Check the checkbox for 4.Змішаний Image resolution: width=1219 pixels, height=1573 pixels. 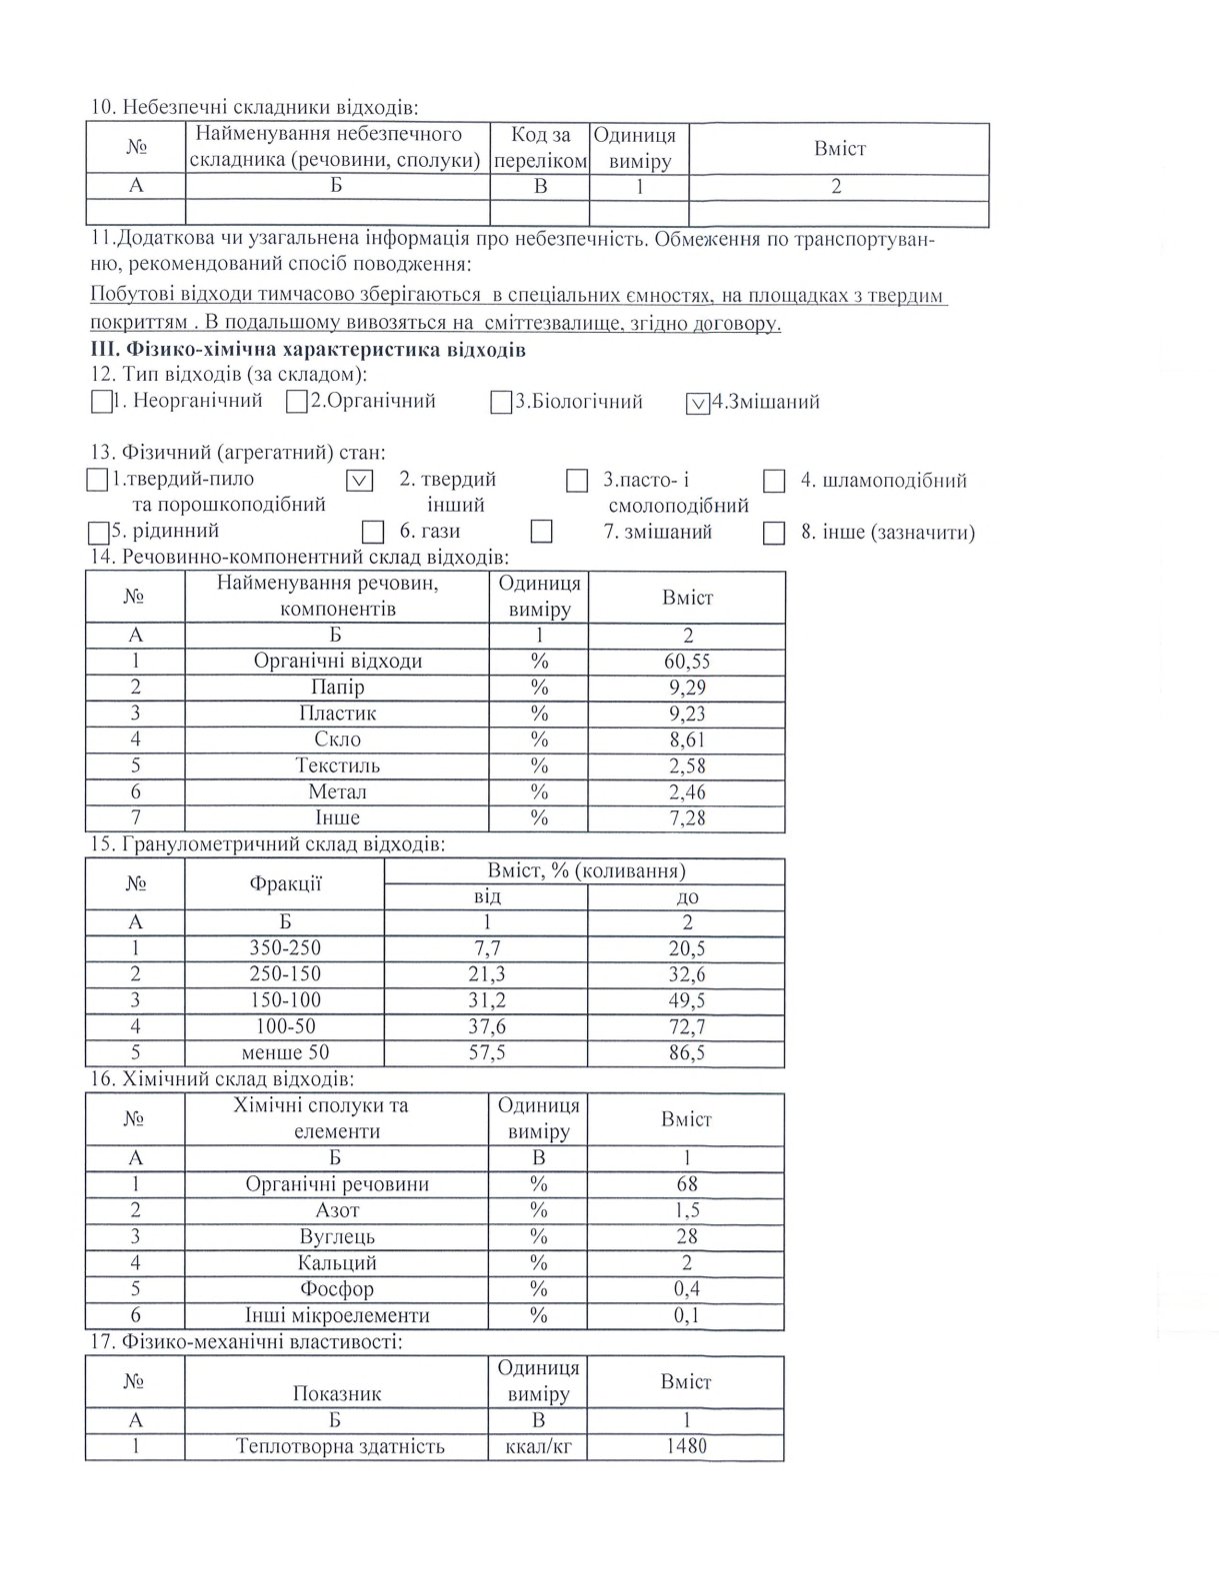698,404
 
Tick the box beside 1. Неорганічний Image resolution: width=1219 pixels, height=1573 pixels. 100,403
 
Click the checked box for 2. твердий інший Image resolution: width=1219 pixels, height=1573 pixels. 360,481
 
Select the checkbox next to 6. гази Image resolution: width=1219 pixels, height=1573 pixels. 373,532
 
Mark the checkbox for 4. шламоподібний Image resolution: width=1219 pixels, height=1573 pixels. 774,482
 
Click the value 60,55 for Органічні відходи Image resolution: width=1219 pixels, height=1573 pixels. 687,662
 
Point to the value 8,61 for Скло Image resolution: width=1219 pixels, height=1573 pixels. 687,740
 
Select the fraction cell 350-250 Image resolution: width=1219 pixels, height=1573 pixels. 285,948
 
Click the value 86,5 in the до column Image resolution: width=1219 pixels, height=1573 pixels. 687,1052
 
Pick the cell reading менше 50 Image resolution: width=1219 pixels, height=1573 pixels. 285,1052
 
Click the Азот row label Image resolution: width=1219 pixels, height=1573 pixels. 337,1210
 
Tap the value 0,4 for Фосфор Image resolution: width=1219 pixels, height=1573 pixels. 687,1289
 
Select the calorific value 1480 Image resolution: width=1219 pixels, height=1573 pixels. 686,1446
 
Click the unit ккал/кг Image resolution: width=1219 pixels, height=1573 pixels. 538,1446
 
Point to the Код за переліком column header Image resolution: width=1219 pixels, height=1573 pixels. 540,148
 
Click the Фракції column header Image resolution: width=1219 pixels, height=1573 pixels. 285,883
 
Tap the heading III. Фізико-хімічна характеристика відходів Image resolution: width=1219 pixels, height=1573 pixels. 308,350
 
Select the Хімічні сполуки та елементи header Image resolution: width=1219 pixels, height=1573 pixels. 337,1118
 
